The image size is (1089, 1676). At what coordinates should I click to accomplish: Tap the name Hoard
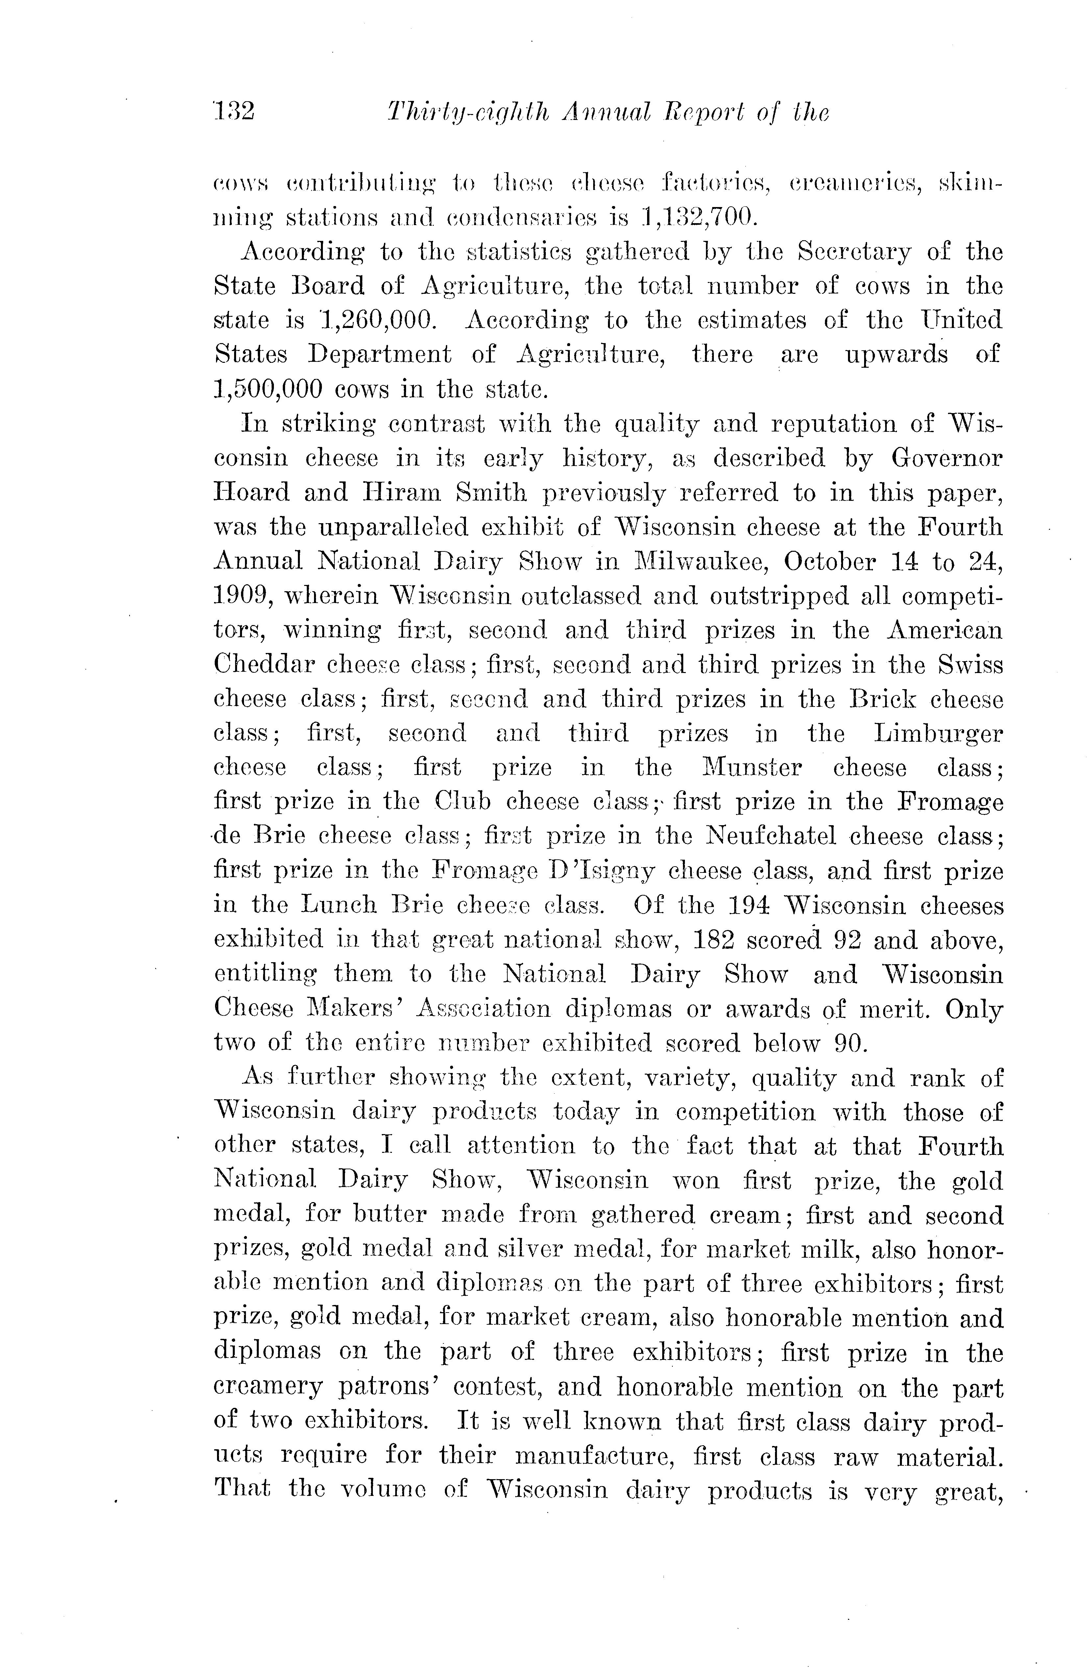click(251, 492)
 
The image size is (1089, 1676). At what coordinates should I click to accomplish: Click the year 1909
click(238, 596)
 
